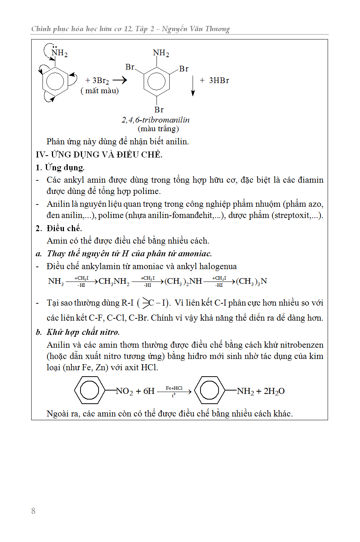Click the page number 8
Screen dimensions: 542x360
(33, 511)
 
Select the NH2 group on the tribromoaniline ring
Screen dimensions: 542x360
(161, 53)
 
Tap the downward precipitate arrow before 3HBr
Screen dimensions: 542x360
(193, 86)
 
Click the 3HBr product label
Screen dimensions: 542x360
(219, 80)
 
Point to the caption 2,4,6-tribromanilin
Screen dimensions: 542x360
(155, 120)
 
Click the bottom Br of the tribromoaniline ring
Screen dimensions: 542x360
(159, 110)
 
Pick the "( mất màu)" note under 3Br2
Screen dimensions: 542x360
(100, 91)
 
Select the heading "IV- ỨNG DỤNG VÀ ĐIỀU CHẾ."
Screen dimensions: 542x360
(99, 154)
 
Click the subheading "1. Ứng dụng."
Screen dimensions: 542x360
(60, 167)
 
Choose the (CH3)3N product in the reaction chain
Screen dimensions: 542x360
(251, 281)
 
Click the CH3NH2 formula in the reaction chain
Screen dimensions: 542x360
(114, 281)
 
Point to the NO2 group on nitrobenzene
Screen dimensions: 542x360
(125, 391)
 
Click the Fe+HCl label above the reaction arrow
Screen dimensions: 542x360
(174, 388)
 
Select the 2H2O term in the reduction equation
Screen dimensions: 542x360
(274, 391)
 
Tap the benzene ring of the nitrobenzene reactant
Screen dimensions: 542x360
(90, 391)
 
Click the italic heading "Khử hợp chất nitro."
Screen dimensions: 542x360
(83, 332)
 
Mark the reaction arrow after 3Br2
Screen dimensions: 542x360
(120, 80)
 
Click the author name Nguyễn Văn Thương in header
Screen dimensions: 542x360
(196, 29)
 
